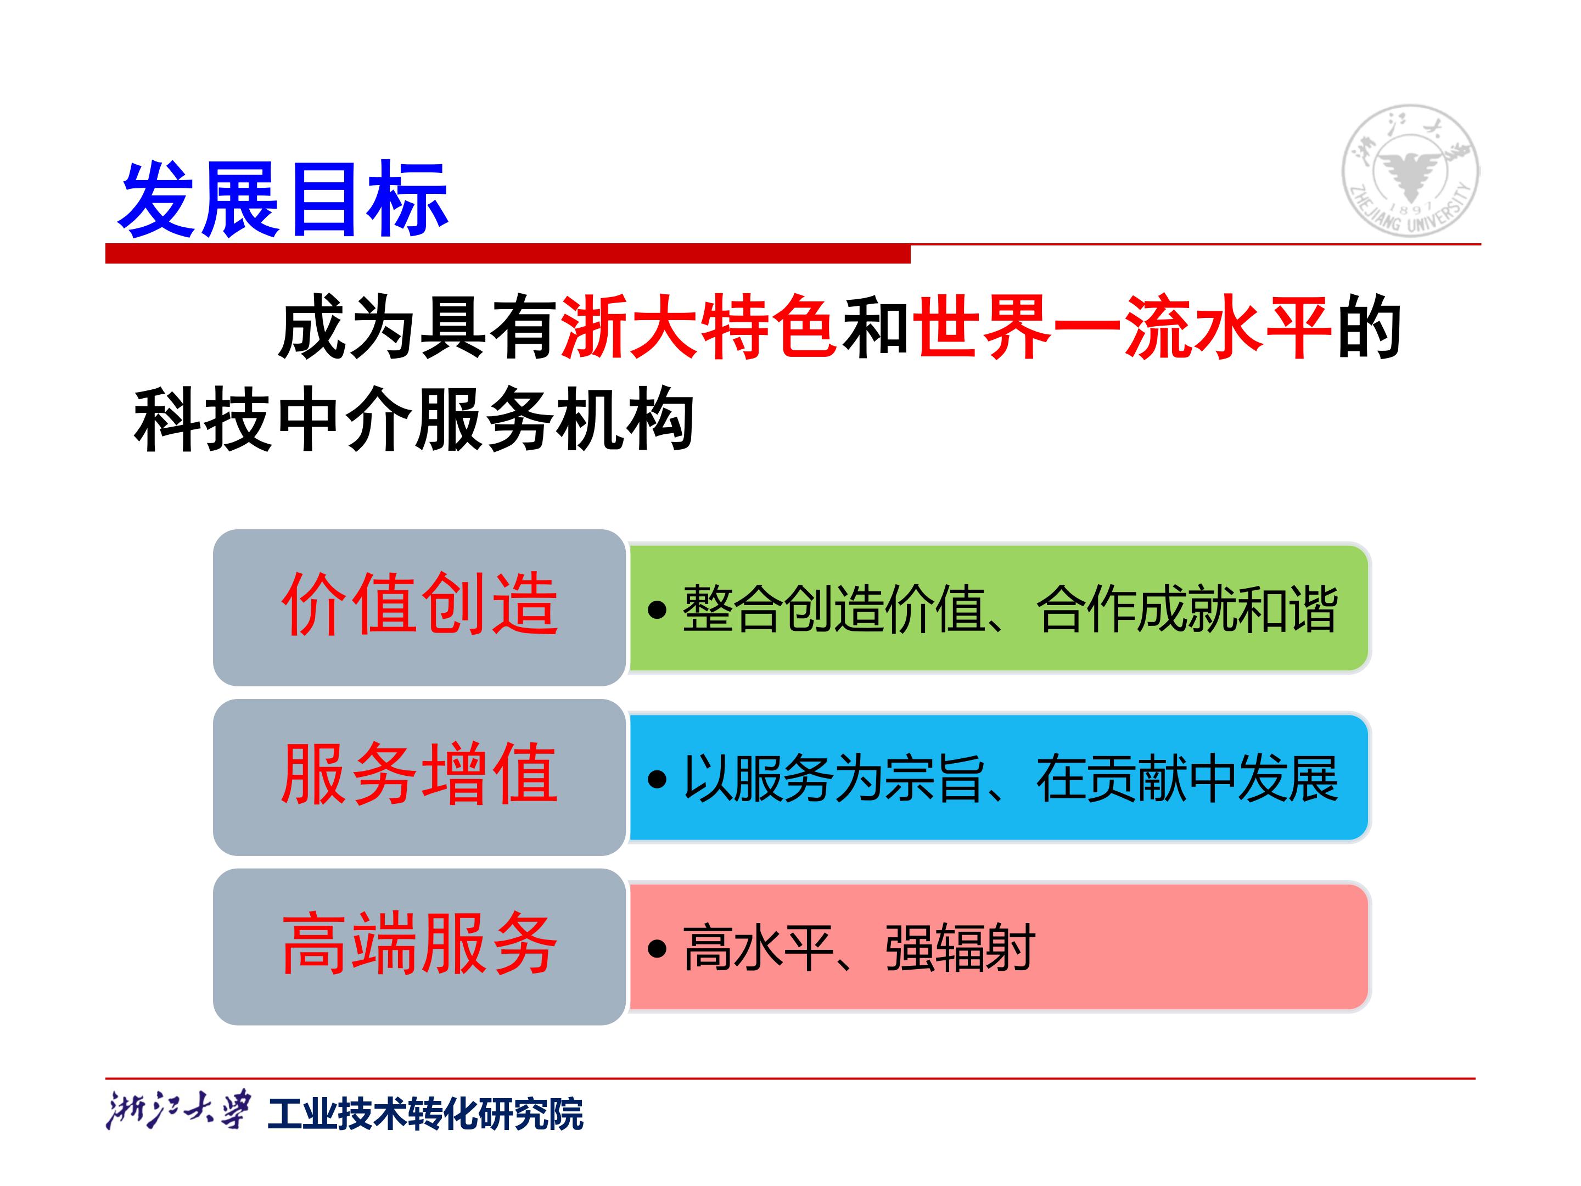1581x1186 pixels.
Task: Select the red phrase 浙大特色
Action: [x=698, y=328]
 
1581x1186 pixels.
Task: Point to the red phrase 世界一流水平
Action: [x=1122, y=328]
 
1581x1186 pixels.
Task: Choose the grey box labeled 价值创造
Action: [x=419, y=607]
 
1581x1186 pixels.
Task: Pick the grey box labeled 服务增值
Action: [x=419, y=777]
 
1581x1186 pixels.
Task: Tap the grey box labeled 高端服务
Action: [x=419, y=947]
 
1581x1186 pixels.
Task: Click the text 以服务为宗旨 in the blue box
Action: [x=833, y=779]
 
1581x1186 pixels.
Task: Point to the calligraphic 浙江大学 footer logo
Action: [x=178, y=1110]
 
